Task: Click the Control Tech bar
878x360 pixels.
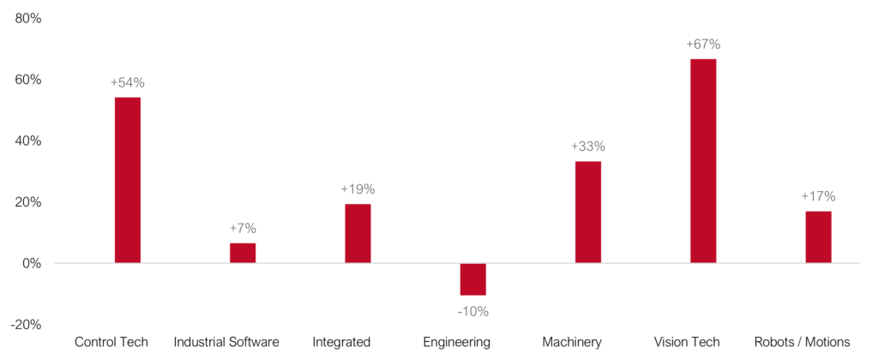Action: point(127,180)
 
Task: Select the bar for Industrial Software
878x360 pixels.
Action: point(243,253)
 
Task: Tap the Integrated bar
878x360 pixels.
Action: point(358,233)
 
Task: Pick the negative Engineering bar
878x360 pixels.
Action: point(472,279)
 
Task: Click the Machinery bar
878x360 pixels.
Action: point(588,212)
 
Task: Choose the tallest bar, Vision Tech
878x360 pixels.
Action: point(703,160)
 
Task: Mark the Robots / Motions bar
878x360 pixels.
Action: point(818,237)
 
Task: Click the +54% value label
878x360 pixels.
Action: point(127,83)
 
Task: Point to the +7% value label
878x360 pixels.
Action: point(243,229)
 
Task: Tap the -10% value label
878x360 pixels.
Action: point(472,311)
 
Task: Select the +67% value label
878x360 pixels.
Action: point(703,44)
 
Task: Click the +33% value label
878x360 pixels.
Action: point(588,147)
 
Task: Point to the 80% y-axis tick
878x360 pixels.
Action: point(29,18)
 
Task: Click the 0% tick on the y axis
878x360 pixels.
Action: point(33,263)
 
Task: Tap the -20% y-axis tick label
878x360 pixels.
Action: point(27,324)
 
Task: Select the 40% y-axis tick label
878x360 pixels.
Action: point(29,141)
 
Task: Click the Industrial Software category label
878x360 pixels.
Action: point(226,343)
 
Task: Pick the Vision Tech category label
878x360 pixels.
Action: point(686,343)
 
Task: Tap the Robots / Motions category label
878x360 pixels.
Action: point(802,343)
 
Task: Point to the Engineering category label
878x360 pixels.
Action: point(457,343)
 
